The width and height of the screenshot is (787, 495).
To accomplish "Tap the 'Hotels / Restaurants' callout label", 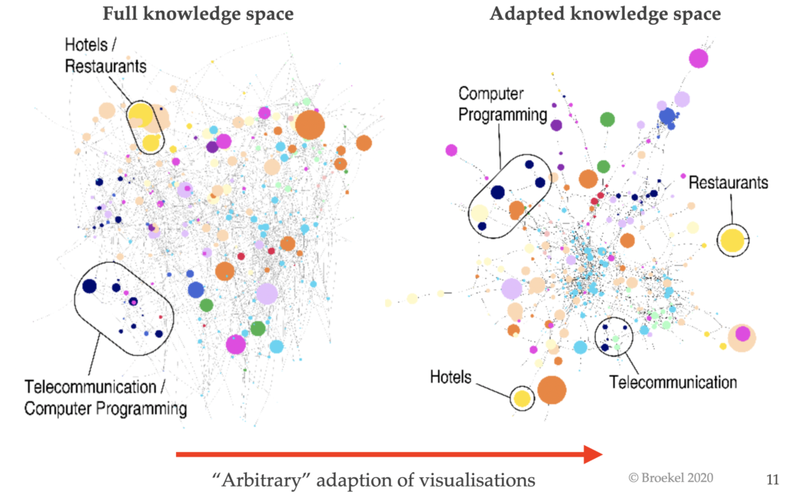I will (x=105, y=56).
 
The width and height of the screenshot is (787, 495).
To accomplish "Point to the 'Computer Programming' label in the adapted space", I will (x=503, y=104).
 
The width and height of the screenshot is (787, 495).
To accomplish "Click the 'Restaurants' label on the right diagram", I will (x=728, y=183).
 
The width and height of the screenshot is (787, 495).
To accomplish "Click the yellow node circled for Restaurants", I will (x=732, y=240).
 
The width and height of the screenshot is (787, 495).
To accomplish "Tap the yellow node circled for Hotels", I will (x=522, y=398).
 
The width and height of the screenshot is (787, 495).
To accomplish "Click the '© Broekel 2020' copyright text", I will (x=670, y=477).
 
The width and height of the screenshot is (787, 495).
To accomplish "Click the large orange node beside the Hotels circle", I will (x=552, y=390).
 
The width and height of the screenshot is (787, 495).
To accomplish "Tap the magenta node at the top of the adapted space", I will (x=698, y=57).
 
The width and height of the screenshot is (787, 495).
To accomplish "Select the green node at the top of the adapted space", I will (x=607, y=119).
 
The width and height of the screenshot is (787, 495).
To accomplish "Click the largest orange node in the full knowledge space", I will (x=310, y=125).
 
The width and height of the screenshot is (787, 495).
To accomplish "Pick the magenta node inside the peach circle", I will (x=742, y=334).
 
